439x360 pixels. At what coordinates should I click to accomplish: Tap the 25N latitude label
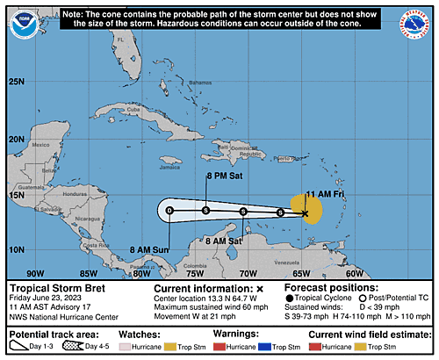(x=17, y=82)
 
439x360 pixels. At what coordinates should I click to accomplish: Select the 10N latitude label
(x=17, y=250)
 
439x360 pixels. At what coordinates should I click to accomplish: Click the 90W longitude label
(x=36, y=271)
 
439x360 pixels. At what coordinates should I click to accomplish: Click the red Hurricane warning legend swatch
(x=219, y=349)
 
